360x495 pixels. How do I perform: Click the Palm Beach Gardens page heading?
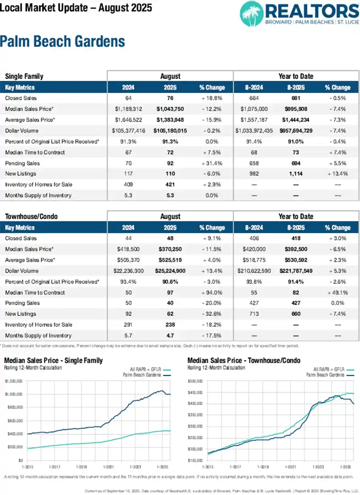pos(62,42)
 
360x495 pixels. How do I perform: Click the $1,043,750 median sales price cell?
pos(170,109)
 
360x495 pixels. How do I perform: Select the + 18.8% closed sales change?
pos(211,98)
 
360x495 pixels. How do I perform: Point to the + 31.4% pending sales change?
pos(211,163)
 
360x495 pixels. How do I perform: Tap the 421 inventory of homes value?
pos(170,184)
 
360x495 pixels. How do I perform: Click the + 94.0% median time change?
pos(211,292)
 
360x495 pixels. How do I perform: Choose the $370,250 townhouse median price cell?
pos(170,249)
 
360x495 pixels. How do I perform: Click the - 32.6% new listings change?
pos(211,314)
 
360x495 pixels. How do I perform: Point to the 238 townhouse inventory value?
pos(170,325)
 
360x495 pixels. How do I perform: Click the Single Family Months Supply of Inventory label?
pos(38,195)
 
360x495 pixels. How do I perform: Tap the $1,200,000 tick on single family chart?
pos(14,381)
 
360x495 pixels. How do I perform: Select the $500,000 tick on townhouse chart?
pos(197,381)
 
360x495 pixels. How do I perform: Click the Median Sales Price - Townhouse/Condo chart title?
pos(243,360)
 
